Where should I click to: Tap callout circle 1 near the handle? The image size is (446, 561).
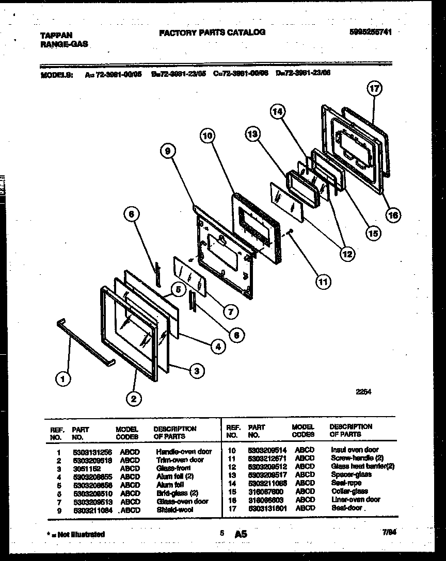63,379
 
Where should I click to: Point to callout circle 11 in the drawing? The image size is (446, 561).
323,282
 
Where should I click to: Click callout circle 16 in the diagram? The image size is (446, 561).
393,216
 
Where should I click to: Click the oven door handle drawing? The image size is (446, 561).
86,341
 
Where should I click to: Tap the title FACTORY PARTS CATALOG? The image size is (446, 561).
212,32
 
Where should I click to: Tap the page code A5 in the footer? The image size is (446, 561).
241,534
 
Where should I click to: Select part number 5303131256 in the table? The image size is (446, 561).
91,452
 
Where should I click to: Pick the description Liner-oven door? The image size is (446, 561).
356,499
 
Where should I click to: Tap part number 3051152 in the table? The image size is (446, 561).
83,468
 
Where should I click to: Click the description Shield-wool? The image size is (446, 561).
173,509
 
